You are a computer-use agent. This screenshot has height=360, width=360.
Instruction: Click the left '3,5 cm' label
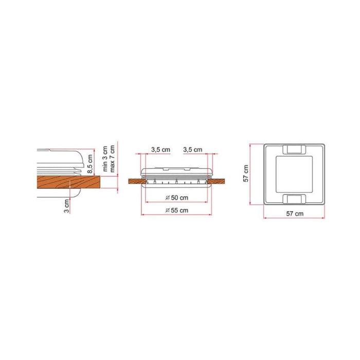160,150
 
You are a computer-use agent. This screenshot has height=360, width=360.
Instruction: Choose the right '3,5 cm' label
193,150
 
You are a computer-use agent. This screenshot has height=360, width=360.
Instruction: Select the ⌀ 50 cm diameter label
176,198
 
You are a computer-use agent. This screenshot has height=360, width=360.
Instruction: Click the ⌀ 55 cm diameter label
176,210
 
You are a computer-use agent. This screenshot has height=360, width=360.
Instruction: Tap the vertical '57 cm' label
246,174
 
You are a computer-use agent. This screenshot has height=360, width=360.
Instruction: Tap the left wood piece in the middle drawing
134,182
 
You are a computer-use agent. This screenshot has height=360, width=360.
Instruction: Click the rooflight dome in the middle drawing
176,172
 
